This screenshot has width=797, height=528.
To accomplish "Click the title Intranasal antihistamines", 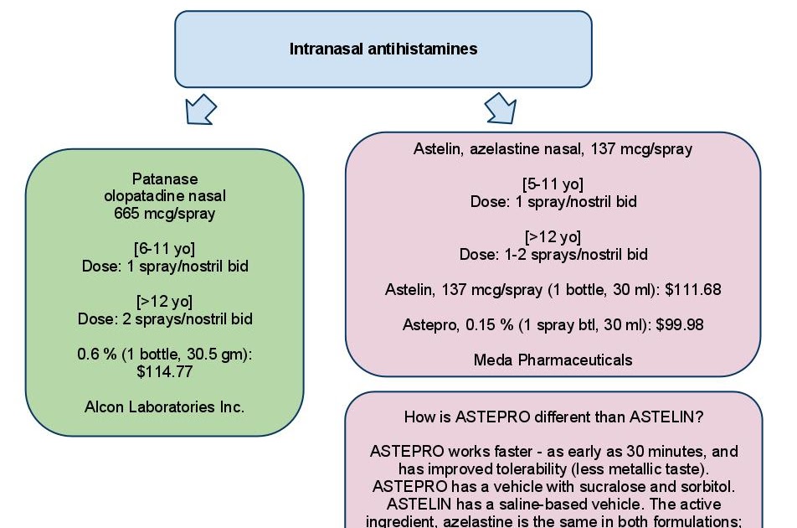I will tap(383, 49).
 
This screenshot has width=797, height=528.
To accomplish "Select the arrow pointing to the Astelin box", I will tap(501, 108).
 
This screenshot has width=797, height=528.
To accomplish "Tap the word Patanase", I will tap(164, 179).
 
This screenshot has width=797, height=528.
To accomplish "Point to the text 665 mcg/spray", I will tap(164, 213).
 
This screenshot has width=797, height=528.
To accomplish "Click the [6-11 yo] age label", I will tap(164, 249).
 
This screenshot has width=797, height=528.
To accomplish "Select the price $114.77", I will tap(164, 372).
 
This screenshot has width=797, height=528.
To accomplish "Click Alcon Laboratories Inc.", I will tap(164, 407).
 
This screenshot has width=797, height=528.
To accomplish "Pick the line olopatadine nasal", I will tap(164, 196).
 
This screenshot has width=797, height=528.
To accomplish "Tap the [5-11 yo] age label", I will tap(553, 184).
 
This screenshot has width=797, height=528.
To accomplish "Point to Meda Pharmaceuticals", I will tap(553, 360).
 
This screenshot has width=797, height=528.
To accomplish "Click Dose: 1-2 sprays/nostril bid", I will tap(553, 254).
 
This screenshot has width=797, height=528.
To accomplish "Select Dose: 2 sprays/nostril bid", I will tap(164, 318).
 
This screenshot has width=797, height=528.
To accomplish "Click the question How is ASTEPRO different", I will tap(553, 417).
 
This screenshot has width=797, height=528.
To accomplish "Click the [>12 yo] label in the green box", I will tap(164, 301).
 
